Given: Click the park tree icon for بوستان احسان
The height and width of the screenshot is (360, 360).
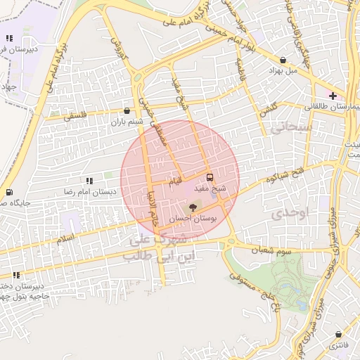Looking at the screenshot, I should pyautogui.click(x=193, y=207).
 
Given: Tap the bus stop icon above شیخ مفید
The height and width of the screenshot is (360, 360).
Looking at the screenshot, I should pyautogui.click(x=210, y=176).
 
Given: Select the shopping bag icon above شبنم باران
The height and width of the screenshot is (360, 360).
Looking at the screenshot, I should pyautogui.click(x=127, y=110).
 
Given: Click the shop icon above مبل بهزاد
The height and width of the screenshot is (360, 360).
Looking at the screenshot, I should pyautogui.click(x=283, y=60).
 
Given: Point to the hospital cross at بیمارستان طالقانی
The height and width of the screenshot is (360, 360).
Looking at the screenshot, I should pyautogui.click(x=333, y=95).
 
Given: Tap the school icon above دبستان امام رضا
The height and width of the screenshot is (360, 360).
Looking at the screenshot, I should pyautogui.click(x=89, y=181).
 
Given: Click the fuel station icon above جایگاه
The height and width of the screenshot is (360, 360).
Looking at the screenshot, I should pyautogui.click(x=8, y=192).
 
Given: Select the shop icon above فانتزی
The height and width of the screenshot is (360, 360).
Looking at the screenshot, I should pyautogui.click(x=340, y=334).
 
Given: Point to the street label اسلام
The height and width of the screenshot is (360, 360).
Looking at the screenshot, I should pyautogui.click(x=65, y=241).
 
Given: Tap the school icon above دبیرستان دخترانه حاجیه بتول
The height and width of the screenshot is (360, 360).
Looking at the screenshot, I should pyautogui.click(x=15, y=275).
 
